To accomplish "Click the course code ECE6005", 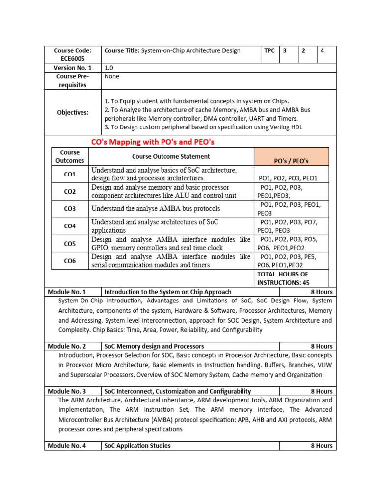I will [73, 59].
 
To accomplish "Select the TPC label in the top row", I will [269, 51].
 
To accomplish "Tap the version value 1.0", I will [108, 68].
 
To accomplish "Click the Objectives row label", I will [73, 112].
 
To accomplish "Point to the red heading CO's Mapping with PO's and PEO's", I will [153, 142].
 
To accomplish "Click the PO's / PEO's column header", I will [291, 161].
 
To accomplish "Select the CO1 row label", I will [70, 174].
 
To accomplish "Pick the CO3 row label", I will [70, 209].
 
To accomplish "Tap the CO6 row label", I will [70, 261].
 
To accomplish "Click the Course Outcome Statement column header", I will [170, 156].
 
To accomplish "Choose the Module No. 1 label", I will [67, 292].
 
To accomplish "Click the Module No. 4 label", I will [67, 446].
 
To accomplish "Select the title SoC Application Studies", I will [137, 446].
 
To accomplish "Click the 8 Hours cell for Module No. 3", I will [322, 391].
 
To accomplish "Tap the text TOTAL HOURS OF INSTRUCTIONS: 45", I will [283, 278].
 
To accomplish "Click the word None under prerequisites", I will [112, 76].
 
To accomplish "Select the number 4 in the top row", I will [322, 51].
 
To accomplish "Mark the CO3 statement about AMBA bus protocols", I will [156, 209].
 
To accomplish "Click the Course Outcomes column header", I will [70, 156].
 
